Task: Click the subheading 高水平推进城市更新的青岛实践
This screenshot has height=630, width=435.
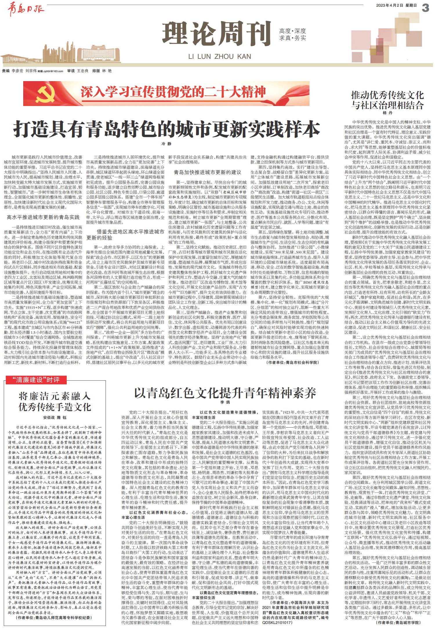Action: (43, 217)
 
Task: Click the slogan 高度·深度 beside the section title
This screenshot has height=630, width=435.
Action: (293, 31)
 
